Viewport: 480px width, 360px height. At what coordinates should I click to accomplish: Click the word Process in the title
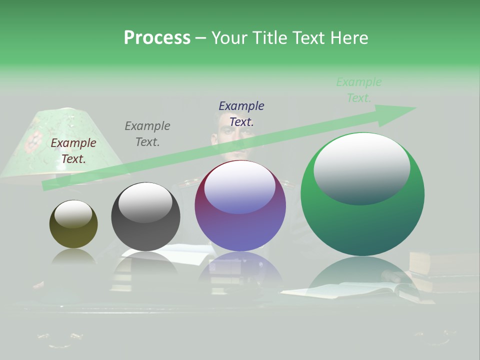(157, 38)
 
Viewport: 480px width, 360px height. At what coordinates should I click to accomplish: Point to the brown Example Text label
(73, 151)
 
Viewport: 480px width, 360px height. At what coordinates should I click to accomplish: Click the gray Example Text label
(147, 134)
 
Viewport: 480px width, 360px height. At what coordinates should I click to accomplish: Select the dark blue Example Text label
(241, 113)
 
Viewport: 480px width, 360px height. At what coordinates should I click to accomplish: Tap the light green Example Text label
(359, 90)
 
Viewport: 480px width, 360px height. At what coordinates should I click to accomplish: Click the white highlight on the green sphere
(361, 167)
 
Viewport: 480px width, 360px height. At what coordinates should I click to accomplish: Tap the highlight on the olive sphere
(73, 214)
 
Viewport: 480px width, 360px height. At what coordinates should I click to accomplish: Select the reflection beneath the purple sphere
(240, 270)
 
